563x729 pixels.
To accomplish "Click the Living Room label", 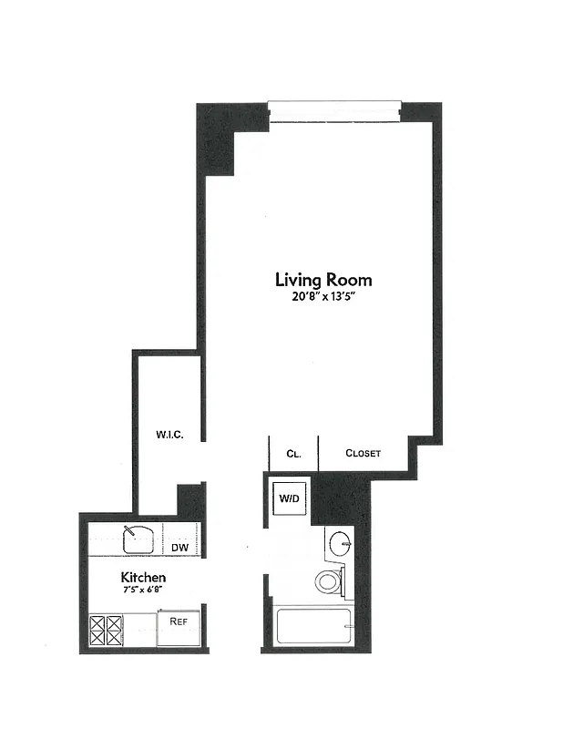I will (x=323, y=280).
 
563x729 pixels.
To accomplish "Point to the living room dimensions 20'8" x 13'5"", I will (x=323, y=296).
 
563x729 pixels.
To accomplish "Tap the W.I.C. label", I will (x=169, y=435).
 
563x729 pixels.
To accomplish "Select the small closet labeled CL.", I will (x=293, y=453).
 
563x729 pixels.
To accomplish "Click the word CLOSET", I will (x=363, y=453).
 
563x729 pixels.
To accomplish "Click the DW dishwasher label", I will (x=179, y=548).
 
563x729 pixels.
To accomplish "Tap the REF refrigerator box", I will (x=178, y=622).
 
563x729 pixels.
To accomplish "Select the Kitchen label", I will (x=143, y=578).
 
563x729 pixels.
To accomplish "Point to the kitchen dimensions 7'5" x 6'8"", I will (x=143, y=591).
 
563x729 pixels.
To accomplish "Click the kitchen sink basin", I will (x=139, y=539).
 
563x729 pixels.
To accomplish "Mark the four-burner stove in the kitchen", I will (x=107, y=630).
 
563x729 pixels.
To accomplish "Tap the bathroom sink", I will (x=341, y=544).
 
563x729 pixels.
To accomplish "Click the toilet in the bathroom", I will (x=328, y=580).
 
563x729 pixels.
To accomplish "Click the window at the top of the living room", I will (x=334, y=111).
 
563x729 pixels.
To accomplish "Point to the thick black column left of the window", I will (x=216, y=141).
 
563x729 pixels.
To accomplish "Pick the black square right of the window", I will (x=420, y=112).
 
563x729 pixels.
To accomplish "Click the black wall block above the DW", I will (x=190, y=501).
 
